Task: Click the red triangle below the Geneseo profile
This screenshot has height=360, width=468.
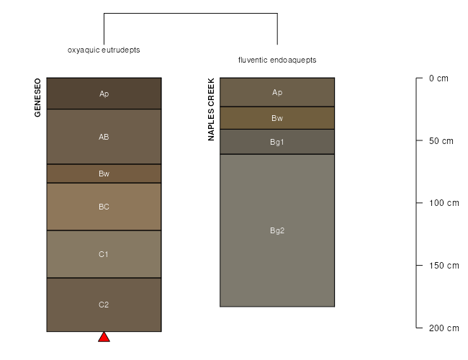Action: click(x=104, y=337)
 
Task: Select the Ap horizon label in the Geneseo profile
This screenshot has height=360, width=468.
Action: click(x=104, y=94)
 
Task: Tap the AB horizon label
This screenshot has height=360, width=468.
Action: click(x=104, y=137)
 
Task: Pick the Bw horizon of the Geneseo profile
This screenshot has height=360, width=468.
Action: click(x=104, y=174)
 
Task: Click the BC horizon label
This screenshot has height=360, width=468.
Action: click(x=104, y=207)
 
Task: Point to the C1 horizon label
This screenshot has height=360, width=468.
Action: click(x=104, y=254)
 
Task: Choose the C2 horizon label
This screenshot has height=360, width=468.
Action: click(x=104, y=305)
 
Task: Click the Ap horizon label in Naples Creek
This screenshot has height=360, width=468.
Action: click(x=277, y=93)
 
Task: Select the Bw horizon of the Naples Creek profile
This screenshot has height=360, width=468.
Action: click(x=277, y=118)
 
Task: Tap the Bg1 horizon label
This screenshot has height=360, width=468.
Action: click(x=277, y=142)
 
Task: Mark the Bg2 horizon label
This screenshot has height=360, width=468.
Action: click(x=277, y=230)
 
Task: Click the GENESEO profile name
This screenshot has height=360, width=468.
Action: click(x=37, y=98)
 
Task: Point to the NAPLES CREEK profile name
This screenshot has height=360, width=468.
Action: click(x=211, y=109)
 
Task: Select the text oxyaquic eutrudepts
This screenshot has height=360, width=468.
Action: click(x=104, y=50)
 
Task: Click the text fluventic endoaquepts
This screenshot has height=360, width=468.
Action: click(x=277, y=60)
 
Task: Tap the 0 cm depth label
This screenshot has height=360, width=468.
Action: click(x=438, y=78)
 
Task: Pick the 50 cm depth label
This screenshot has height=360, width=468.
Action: click(x=441, y=141)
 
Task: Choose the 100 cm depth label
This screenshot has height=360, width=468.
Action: click(x=444, y=203)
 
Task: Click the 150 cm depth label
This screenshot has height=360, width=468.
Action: click(x=444, y=266)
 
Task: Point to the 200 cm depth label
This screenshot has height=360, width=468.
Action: click(x=444, y=328)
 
